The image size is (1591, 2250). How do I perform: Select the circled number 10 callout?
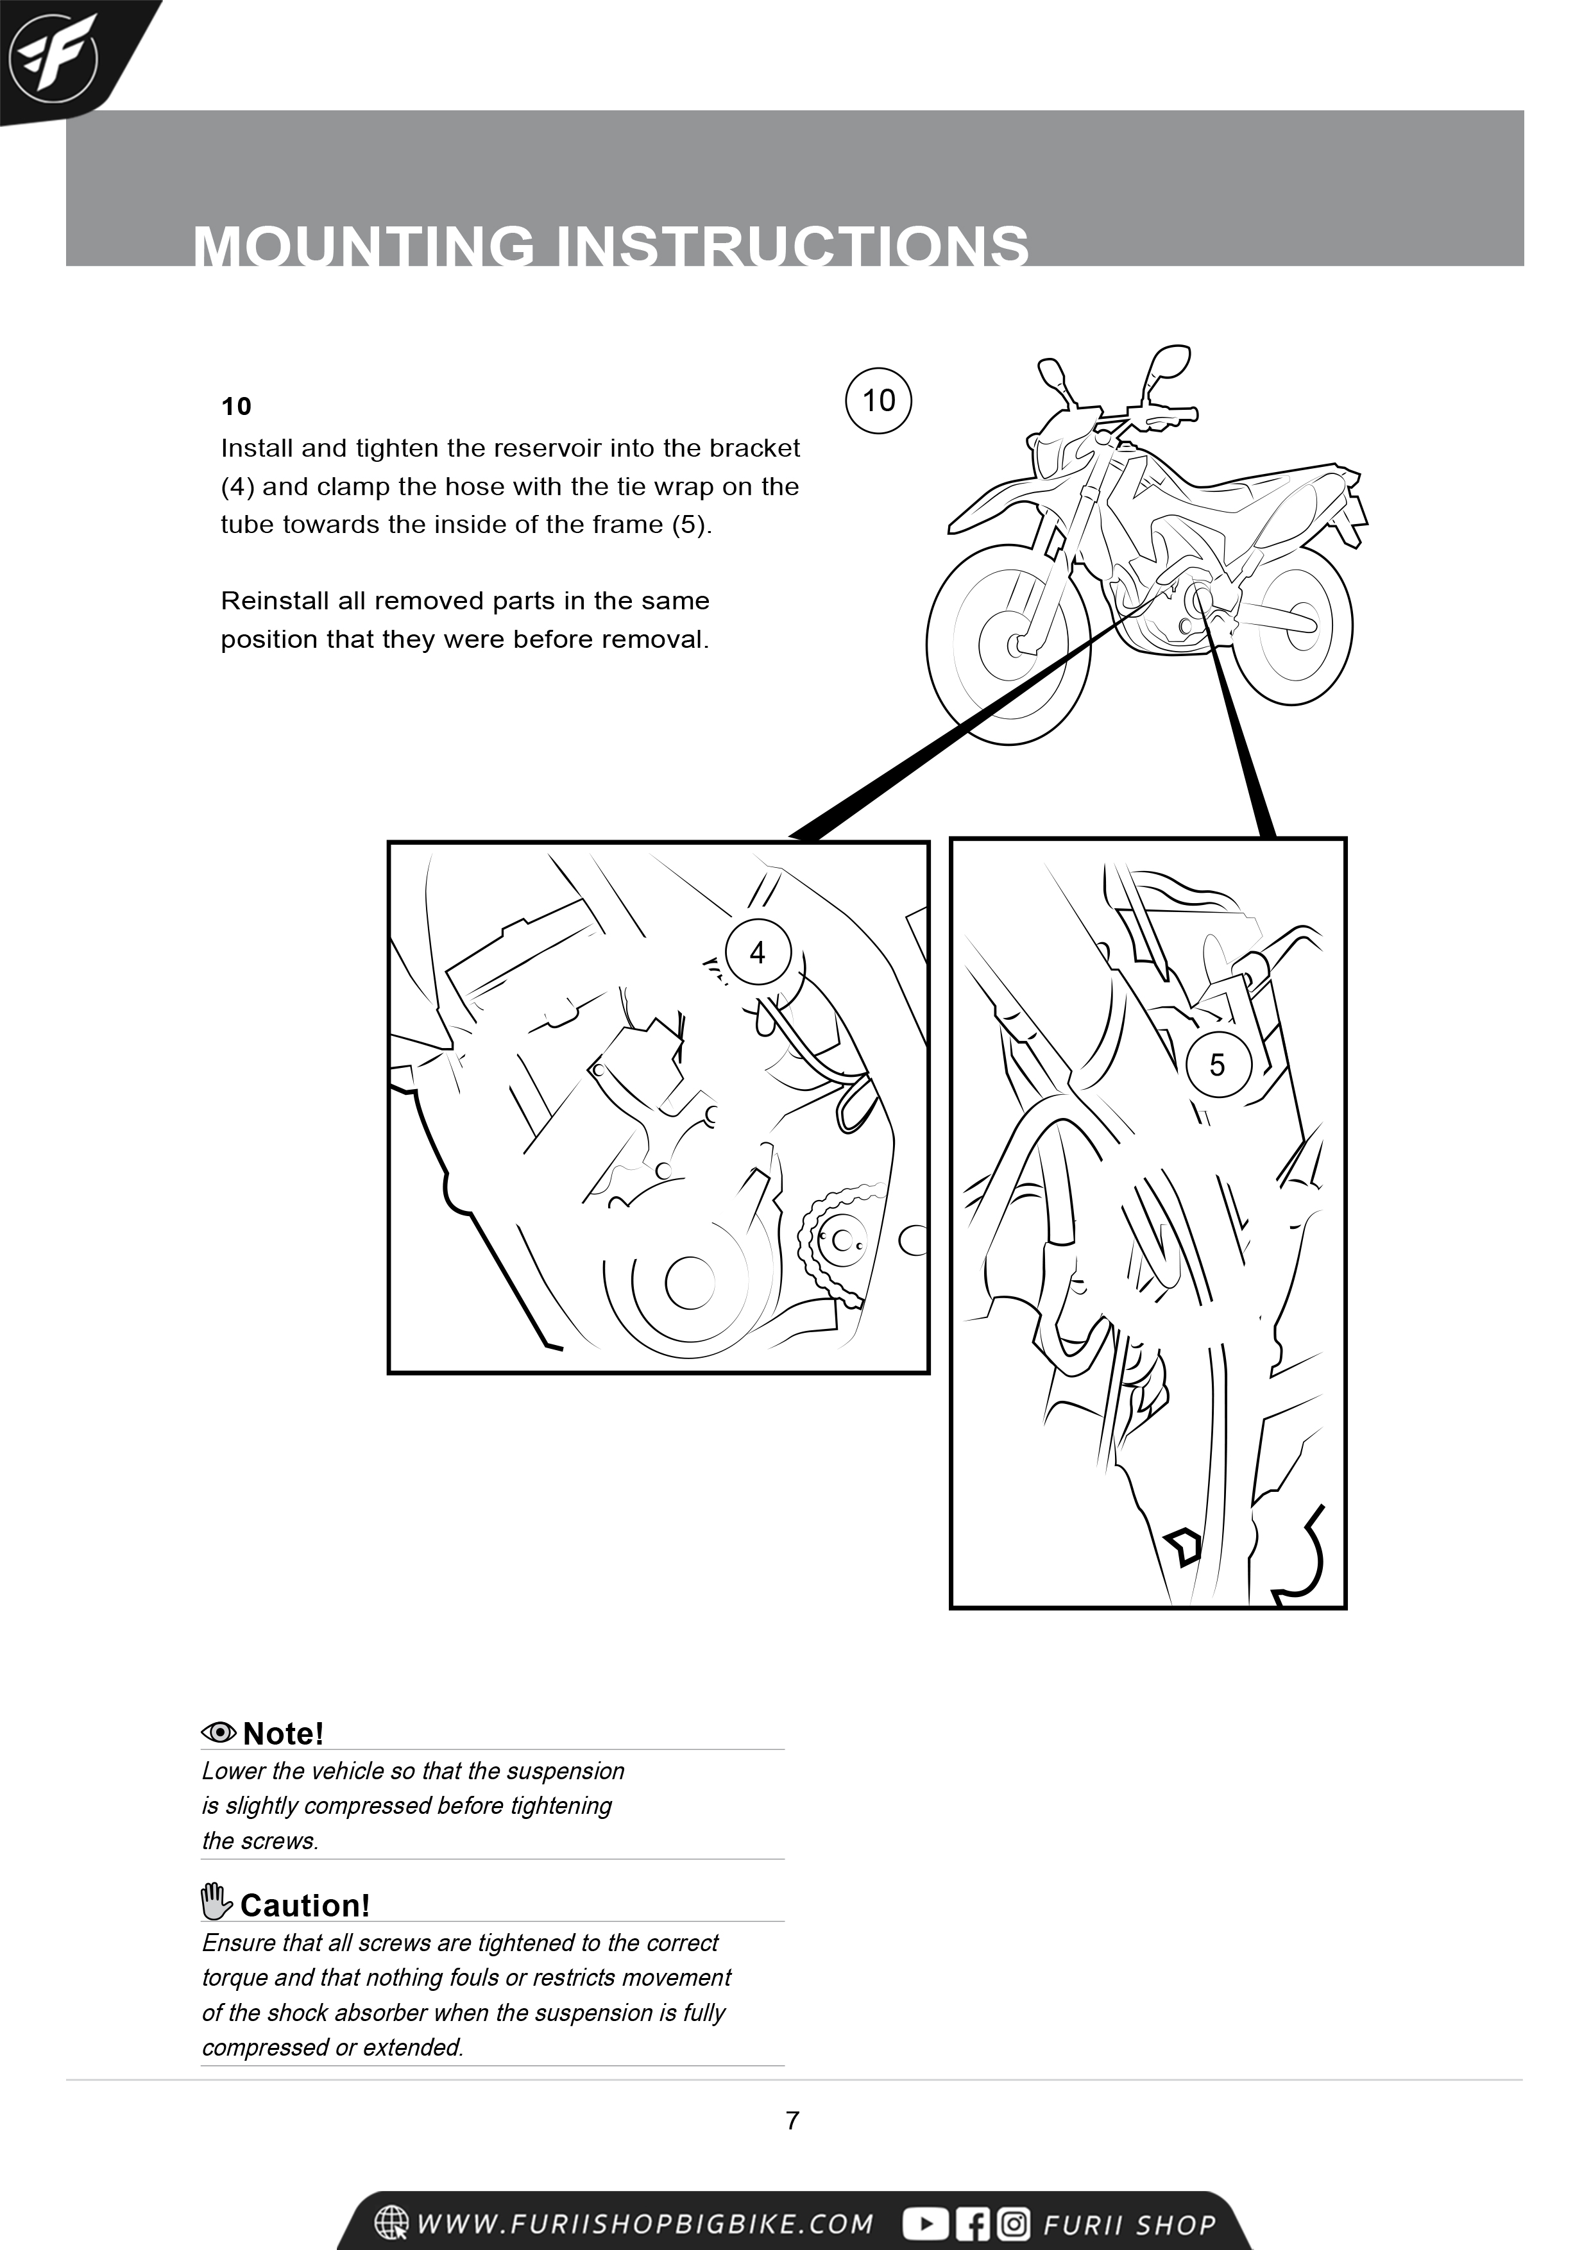pyautogui.click(x=878, y=400)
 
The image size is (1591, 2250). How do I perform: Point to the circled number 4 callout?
pyautogui.click(x=758, y=952)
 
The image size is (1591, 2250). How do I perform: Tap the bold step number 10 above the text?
pyautogui.click(x=236, y=407)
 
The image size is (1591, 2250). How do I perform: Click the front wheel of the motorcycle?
pyautogui.click(x=1010, y=646)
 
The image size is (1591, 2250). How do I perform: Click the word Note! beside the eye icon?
pyautogui.click(x=284, y=1734)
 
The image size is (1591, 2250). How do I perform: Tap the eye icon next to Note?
pyautogui.click(x=219, y=1732)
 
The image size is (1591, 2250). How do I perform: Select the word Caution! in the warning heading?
pyautogui.click(x=305, y=1905)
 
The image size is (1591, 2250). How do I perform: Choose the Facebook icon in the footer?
pyautogui.click(x=973, y=2224)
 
